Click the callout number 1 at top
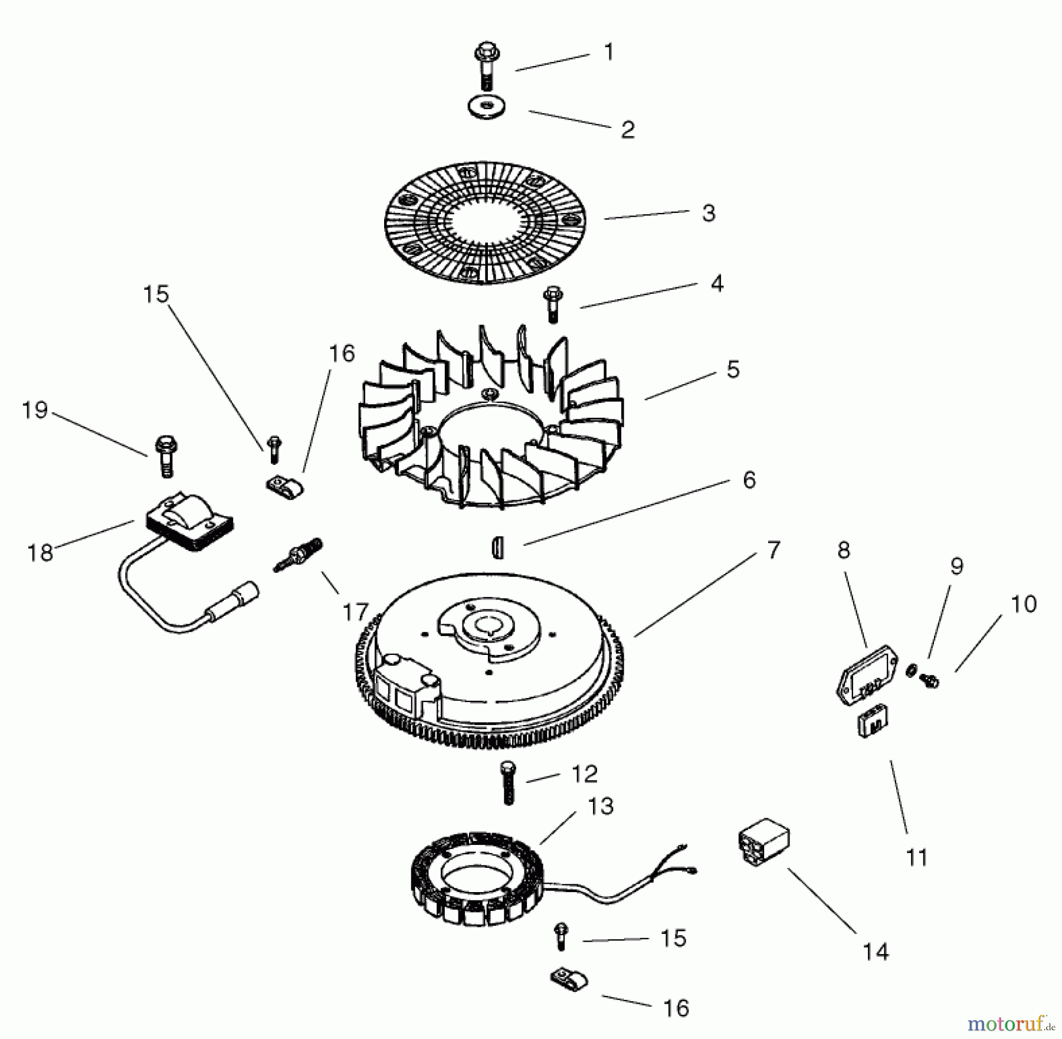point(609,52)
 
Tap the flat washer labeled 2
point(486,107)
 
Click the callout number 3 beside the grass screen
point(709,213)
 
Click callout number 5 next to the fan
point(733,370)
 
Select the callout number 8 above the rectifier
point(844,550)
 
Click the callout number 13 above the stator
point(601,807)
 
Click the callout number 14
point(875,952)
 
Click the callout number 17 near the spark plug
point(355,612)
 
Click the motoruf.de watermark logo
point(1013,1021)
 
